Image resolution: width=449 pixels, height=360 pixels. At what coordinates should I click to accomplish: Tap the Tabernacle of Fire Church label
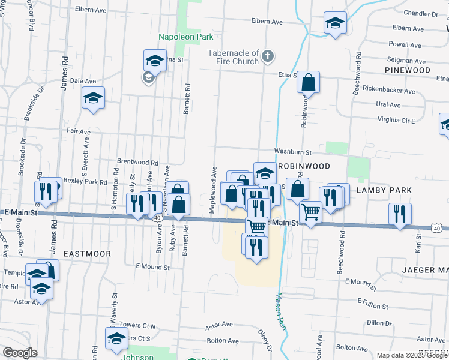(x=233, y=57)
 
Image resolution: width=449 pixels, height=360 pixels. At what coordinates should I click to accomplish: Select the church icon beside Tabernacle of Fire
(x=268, y=58)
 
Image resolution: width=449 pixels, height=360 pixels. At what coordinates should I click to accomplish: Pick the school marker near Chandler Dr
(x=335, y=24)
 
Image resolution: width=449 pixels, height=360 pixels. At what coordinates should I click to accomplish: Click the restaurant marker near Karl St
(x=399, y=214)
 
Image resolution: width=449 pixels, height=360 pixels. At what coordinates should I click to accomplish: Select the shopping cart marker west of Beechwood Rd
(x=310, y=212)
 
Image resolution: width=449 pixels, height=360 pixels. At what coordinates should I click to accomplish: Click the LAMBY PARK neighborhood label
(x=384, y=190)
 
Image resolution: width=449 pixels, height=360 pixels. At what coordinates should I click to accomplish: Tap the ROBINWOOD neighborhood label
(x=304, y=165)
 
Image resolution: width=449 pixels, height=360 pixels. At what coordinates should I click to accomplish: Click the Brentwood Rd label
(x=137, y=162)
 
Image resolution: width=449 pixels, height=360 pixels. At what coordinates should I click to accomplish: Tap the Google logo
(x=19, y=353)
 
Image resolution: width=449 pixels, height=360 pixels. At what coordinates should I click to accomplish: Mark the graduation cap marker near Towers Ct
(x=117, y=338)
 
